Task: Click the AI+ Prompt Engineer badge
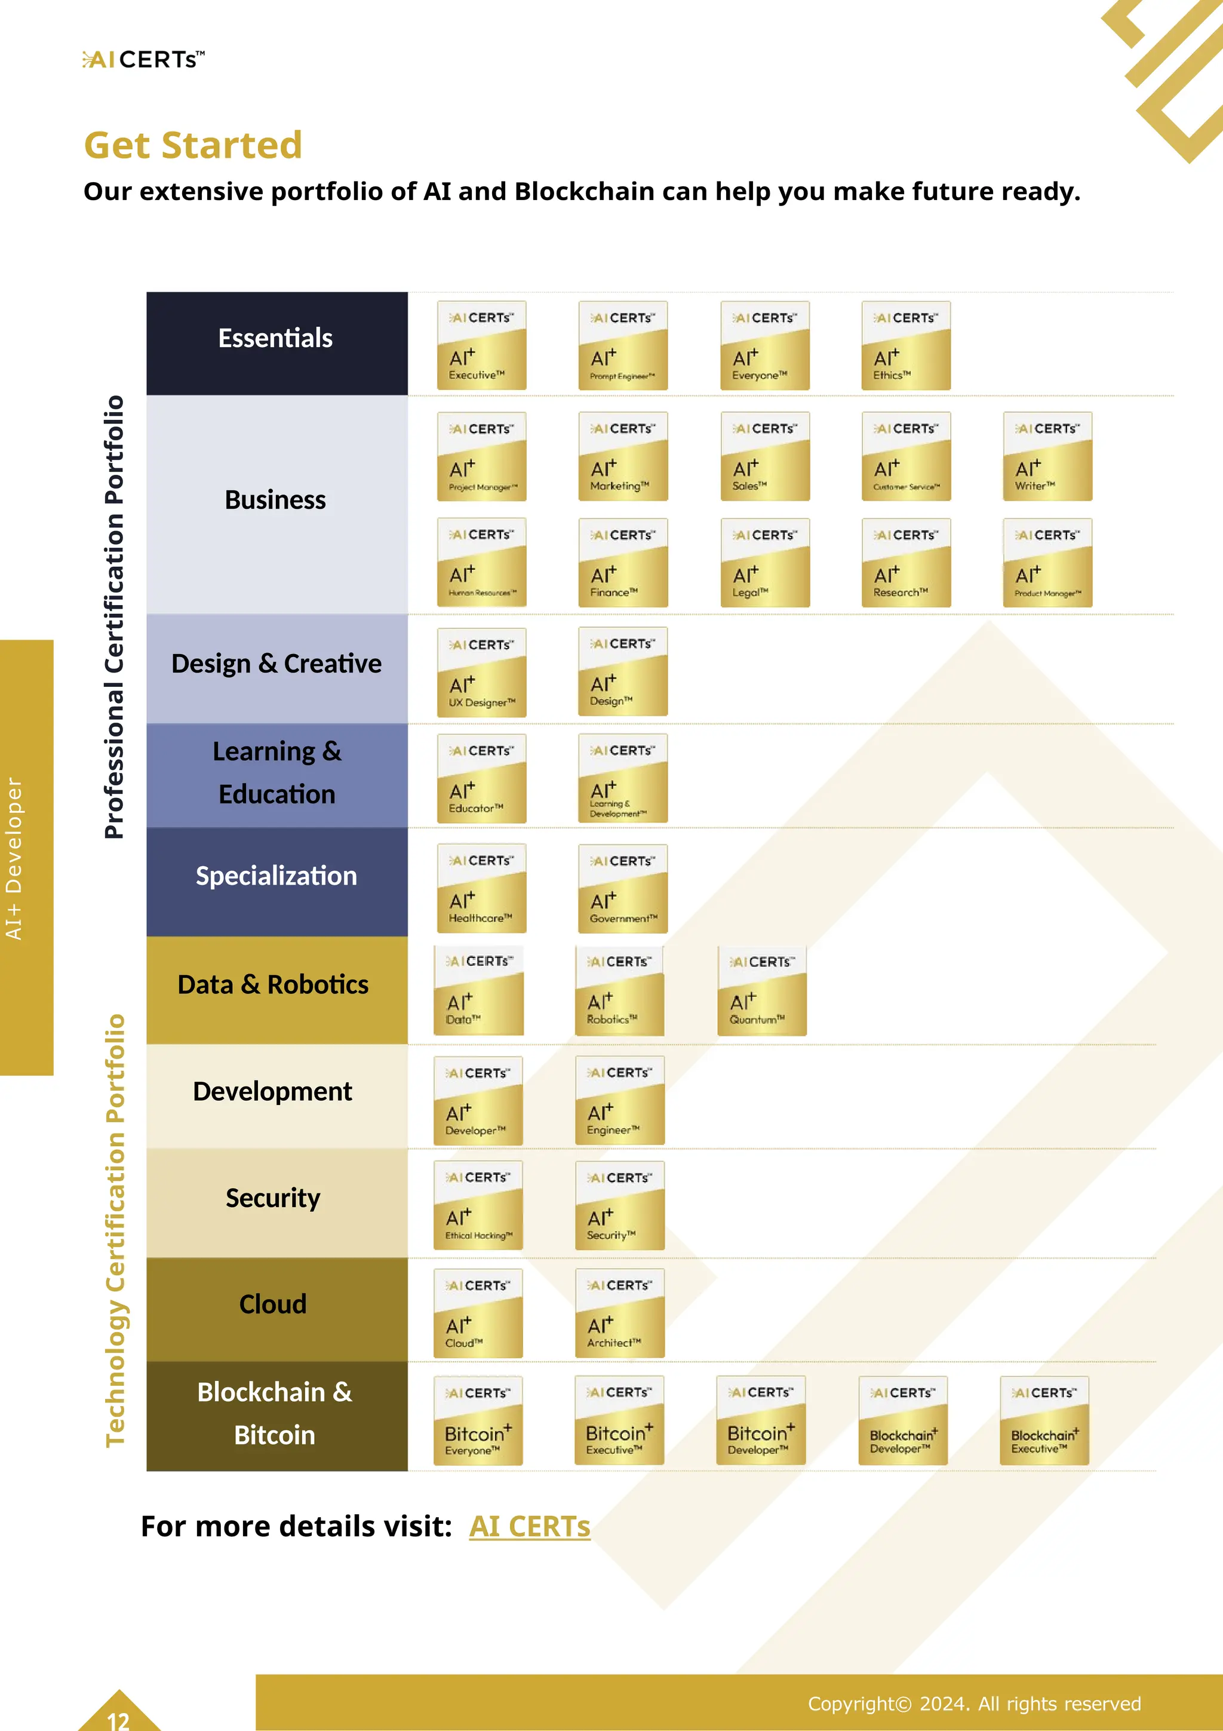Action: point(622,346)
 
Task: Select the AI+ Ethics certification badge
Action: point(906,346)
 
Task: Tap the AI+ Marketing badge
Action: point(622,456)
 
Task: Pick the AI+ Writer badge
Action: point(1047,456)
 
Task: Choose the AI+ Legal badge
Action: point(765,563)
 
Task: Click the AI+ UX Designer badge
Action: point(481,673)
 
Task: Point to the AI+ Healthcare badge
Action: point(481,889)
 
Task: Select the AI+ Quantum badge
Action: point(762,991)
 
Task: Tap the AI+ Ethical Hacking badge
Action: point(478,1205)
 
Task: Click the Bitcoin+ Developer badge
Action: point(761,1420)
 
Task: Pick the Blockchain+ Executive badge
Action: point(1044,1420)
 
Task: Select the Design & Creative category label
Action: point(276,664)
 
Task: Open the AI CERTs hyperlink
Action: point(529,1527)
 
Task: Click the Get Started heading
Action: point(193,145)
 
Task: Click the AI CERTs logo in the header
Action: point(143,60)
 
